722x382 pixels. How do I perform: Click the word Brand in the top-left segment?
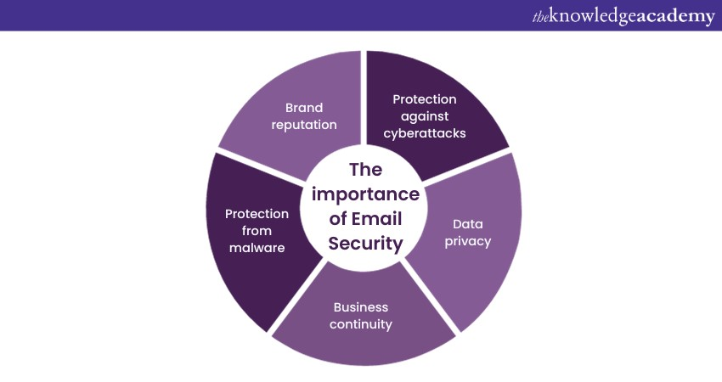(x=304, y=108)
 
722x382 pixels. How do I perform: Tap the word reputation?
(x=304, y=125)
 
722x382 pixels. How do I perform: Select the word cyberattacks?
(x=425, y=133)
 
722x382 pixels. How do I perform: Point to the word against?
(x=425, y=117)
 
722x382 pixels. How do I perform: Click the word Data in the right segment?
(x=468, y=224)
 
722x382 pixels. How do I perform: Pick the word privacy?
(x=468, y=242)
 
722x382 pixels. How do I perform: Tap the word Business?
(x=361, y=307)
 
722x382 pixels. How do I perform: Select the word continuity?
(x=361, y=324)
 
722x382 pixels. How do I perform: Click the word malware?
(x=257, y=248)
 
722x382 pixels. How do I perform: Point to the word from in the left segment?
(x=257, y=231)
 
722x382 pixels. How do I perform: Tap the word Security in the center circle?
(x=365, y=244)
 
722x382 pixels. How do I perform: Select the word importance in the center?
(x=365, y=194)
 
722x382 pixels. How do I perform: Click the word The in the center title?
(x=365, y=170)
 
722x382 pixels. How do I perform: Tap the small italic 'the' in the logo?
(x=540, y=18)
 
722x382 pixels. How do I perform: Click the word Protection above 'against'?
(x=425, y=99)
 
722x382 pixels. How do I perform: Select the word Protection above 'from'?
(x=257, y=214)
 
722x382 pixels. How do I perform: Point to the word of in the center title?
(x=338, y=219)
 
